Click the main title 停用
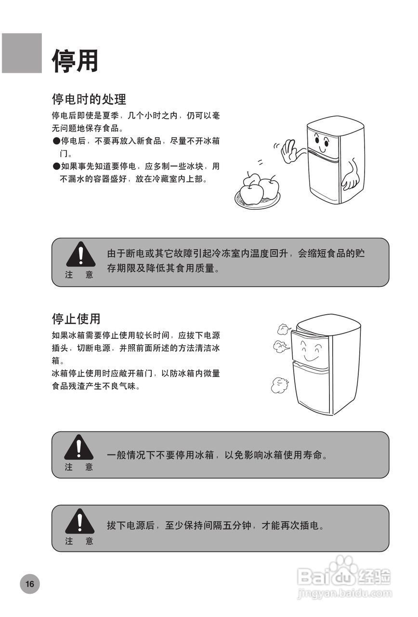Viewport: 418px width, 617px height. point(75,61)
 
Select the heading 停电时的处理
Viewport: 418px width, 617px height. point(89,99)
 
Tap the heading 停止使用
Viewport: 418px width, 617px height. point(76,319)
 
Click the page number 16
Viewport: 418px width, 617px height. point(30,584)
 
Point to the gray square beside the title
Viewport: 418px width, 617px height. point(22,53)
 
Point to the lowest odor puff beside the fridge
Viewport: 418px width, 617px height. point(279,385)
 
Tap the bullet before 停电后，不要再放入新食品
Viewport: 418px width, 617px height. point(55,141)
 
